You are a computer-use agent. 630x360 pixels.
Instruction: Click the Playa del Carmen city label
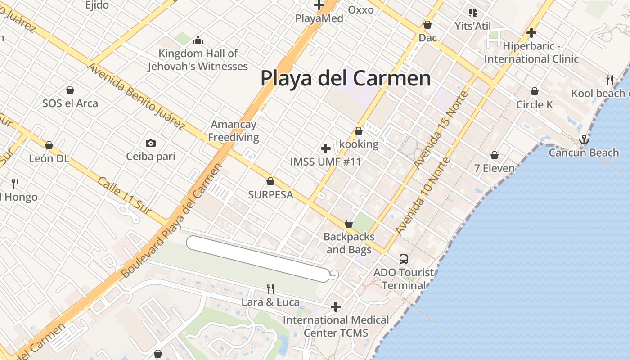[x=346, y=78]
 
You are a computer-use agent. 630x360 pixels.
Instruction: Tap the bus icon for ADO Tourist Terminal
[x=404, y=259]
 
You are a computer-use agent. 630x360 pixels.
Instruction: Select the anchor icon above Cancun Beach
[x=584, y=139]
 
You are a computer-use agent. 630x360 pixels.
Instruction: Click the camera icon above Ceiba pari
[x=151, y=144]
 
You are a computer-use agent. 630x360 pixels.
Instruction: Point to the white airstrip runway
[x=258, y=259]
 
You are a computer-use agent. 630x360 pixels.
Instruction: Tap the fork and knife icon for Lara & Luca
[x=270, y=288]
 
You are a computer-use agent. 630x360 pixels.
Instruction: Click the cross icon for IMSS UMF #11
[x=326, y=148]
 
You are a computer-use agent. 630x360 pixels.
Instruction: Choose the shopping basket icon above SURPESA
[x=270, y=181]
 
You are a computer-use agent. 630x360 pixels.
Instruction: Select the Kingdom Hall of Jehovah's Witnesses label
[x=198, y=60]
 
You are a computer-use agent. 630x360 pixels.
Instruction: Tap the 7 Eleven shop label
[x=495, y=168]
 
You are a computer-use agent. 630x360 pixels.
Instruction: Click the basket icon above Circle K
[x=534, y=92]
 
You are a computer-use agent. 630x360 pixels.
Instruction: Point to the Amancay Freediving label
[x=234, y=131]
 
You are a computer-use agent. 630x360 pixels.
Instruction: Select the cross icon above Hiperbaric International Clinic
[x=531, y=33]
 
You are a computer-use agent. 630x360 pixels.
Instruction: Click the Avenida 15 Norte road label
[x=441, y=130]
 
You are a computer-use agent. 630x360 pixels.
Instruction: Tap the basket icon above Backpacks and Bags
[x=348, y=224]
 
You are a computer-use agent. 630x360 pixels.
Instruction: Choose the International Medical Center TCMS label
[x=336, y=326]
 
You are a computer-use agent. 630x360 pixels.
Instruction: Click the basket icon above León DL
[x=49, y=145]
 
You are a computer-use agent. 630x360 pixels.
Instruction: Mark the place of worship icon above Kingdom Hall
[x=198, y=40]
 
